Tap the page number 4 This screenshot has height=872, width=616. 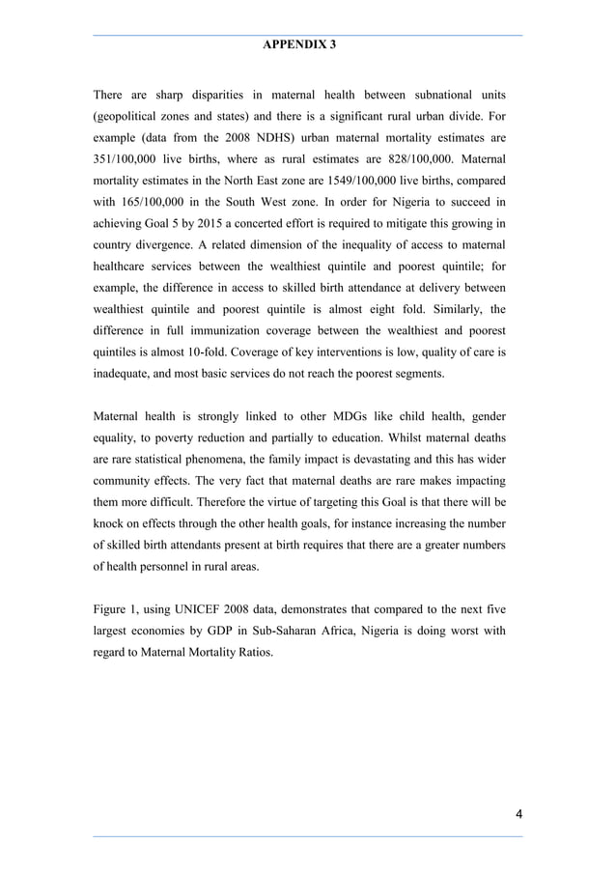coord(518,814)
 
